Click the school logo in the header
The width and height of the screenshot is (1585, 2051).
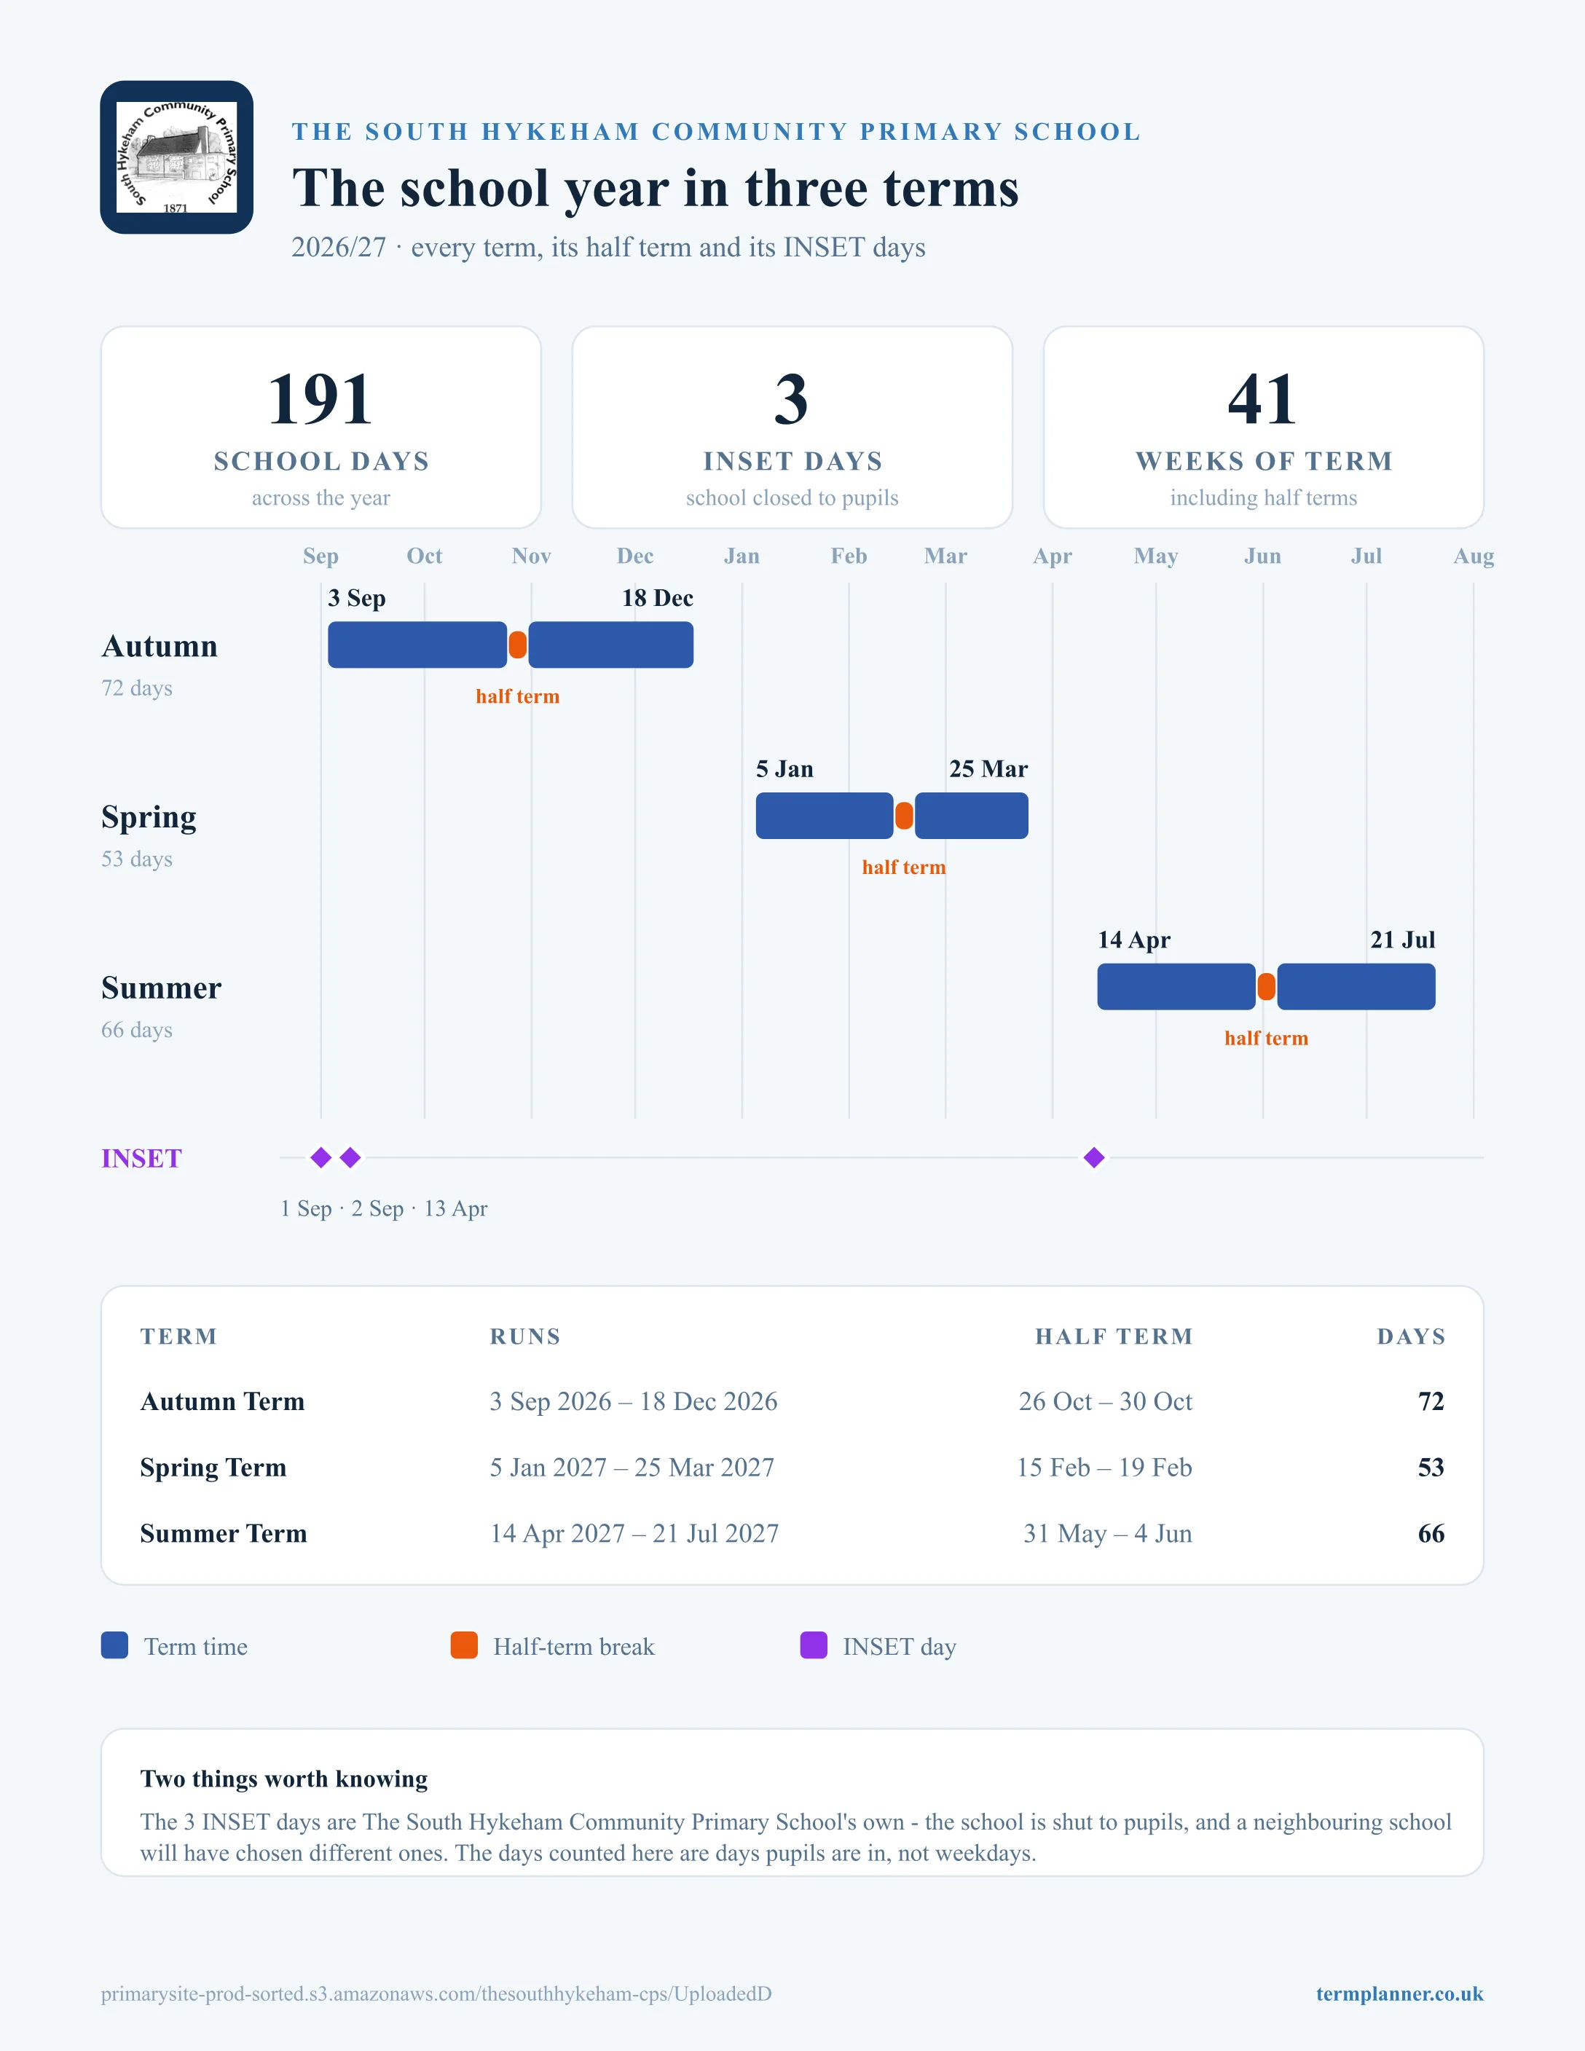(x=176, y=157)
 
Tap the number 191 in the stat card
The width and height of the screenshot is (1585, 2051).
(x=320, y=399)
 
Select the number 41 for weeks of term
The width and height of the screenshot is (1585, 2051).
(x=1263, y=399)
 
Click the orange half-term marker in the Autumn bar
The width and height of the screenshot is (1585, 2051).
(x=517, y=645)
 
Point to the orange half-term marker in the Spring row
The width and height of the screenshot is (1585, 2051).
(x=904, y=816)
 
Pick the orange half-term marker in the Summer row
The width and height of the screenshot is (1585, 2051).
(x=1267, y=987)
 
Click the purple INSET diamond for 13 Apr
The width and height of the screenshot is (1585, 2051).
(x=1094, y=1158)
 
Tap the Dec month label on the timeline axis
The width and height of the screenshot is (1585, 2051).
(x=634, y=556)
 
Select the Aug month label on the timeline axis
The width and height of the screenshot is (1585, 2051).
(x=1474, y=556)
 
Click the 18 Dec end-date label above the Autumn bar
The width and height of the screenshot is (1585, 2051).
(x=657, y=598)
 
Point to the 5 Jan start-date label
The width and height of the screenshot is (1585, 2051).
(x=785, y=769)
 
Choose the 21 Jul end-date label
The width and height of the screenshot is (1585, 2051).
(x=1403, y=940)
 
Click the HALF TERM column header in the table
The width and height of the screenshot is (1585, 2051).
(x=1114, y=1337)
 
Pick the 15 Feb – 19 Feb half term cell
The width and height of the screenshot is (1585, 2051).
(x=1104, y=1468)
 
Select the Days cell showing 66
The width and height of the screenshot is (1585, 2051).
(x=1431, y=1534)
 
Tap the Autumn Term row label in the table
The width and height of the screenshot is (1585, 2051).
(x=223, y=1402)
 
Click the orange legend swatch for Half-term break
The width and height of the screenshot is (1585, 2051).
(x=464, y=1645)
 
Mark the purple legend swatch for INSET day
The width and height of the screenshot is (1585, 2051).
(x=813, y=1645)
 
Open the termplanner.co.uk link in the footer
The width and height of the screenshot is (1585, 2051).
(x=1399, y=1993)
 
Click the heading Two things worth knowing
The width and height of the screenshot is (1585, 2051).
(x=283, y=1779)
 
